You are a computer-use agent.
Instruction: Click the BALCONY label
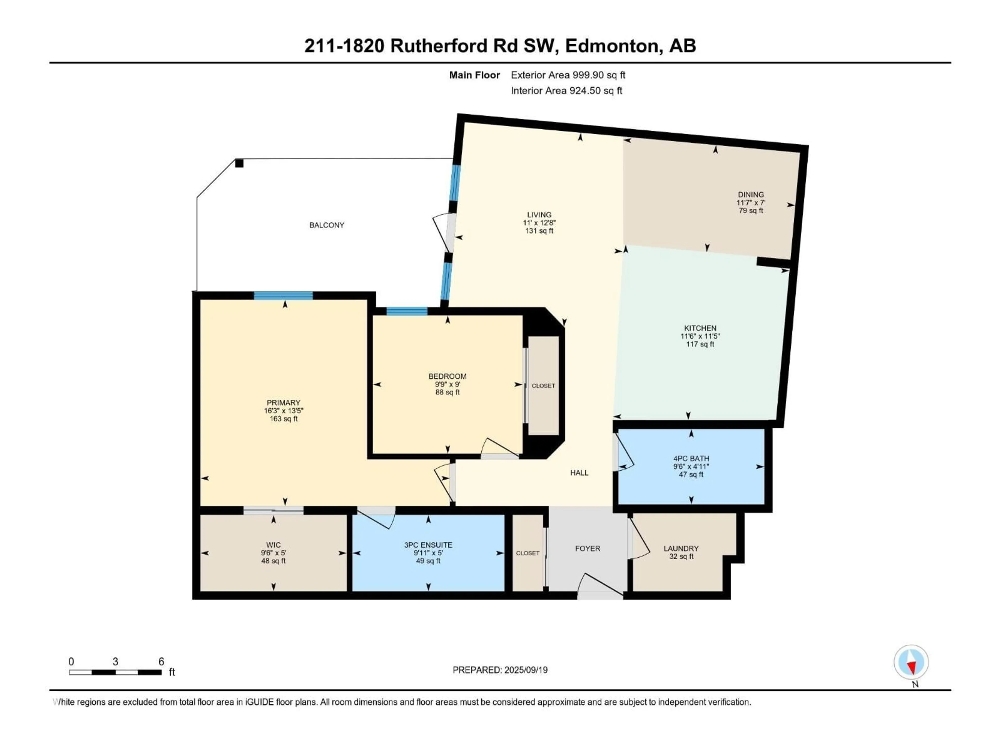point(327,225)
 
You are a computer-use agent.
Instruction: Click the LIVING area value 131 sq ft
point(539,231)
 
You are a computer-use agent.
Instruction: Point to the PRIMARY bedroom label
point(283,402)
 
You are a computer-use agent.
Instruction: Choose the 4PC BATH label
point(691,459)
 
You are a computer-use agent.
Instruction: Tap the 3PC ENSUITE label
point(428,545)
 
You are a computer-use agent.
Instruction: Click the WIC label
point(273,545)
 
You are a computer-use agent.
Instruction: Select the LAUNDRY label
point(681,548)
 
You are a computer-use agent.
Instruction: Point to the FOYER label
point(587,548)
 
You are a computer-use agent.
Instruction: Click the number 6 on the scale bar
point(161,661)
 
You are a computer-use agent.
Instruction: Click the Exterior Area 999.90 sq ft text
point(568,75)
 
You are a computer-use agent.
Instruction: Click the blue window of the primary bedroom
point(283,296)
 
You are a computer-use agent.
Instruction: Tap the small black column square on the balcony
point(239,163)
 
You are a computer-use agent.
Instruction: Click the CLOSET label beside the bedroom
point(543,386)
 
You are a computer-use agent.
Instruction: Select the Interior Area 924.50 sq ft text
point(566,90)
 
